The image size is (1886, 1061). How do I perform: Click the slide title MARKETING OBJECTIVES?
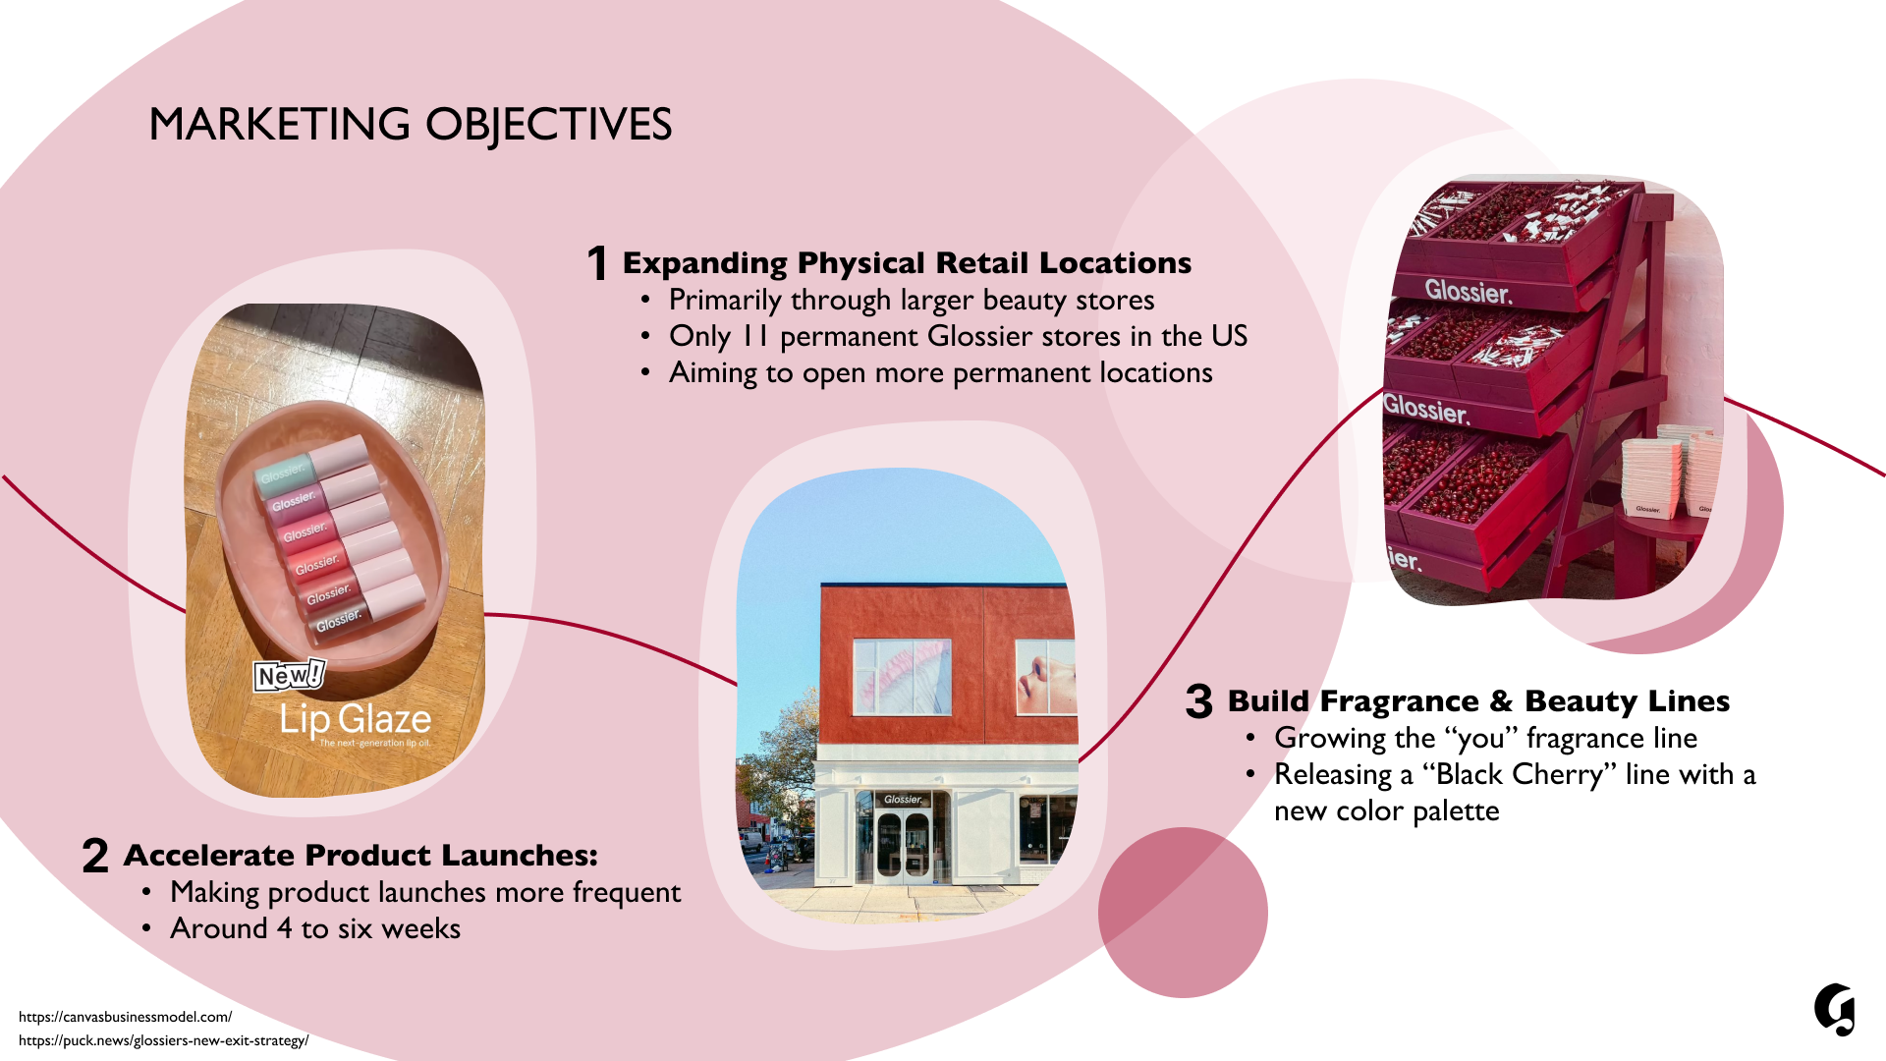coord(410,125)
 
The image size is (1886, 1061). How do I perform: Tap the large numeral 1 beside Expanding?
coord(596,263)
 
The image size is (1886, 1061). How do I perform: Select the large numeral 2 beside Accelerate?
coord(95,856)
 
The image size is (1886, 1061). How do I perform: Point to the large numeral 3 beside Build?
coord(1198,701)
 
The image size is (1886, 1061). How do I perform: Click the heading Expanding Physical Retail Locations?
coord(907,263)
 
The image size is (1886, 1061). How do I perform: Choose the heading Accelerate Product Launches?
coord(360,856)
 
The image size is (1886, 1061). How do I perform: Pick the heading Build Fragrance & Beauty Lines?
coord(1478,701)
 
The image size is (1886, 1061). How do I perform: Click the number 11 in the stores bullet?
coord(754,336)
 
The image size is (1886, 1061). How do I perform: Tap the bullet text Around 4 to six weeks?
coord(314,928)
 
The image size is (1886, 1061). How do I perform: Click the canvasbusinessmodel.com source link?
coord(125,1017)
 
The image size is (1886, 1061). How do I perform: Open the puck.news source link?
coord(163,1040)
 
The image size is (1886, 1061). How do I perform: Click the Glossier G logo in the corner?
coord(1834,1009)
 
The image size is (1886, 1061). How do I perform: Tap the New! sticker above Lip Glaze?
coord(289,675)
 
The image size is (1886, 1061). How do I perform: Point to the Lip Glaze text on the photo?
coord(355,720)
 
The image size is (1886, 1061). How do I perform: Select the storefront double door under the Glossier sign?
coord(903,845)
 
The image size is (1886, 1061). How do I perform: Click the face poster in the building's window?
coord(1045,676)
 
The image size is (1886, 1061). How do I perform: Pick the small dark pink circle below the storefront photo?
coord(1182,913)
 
